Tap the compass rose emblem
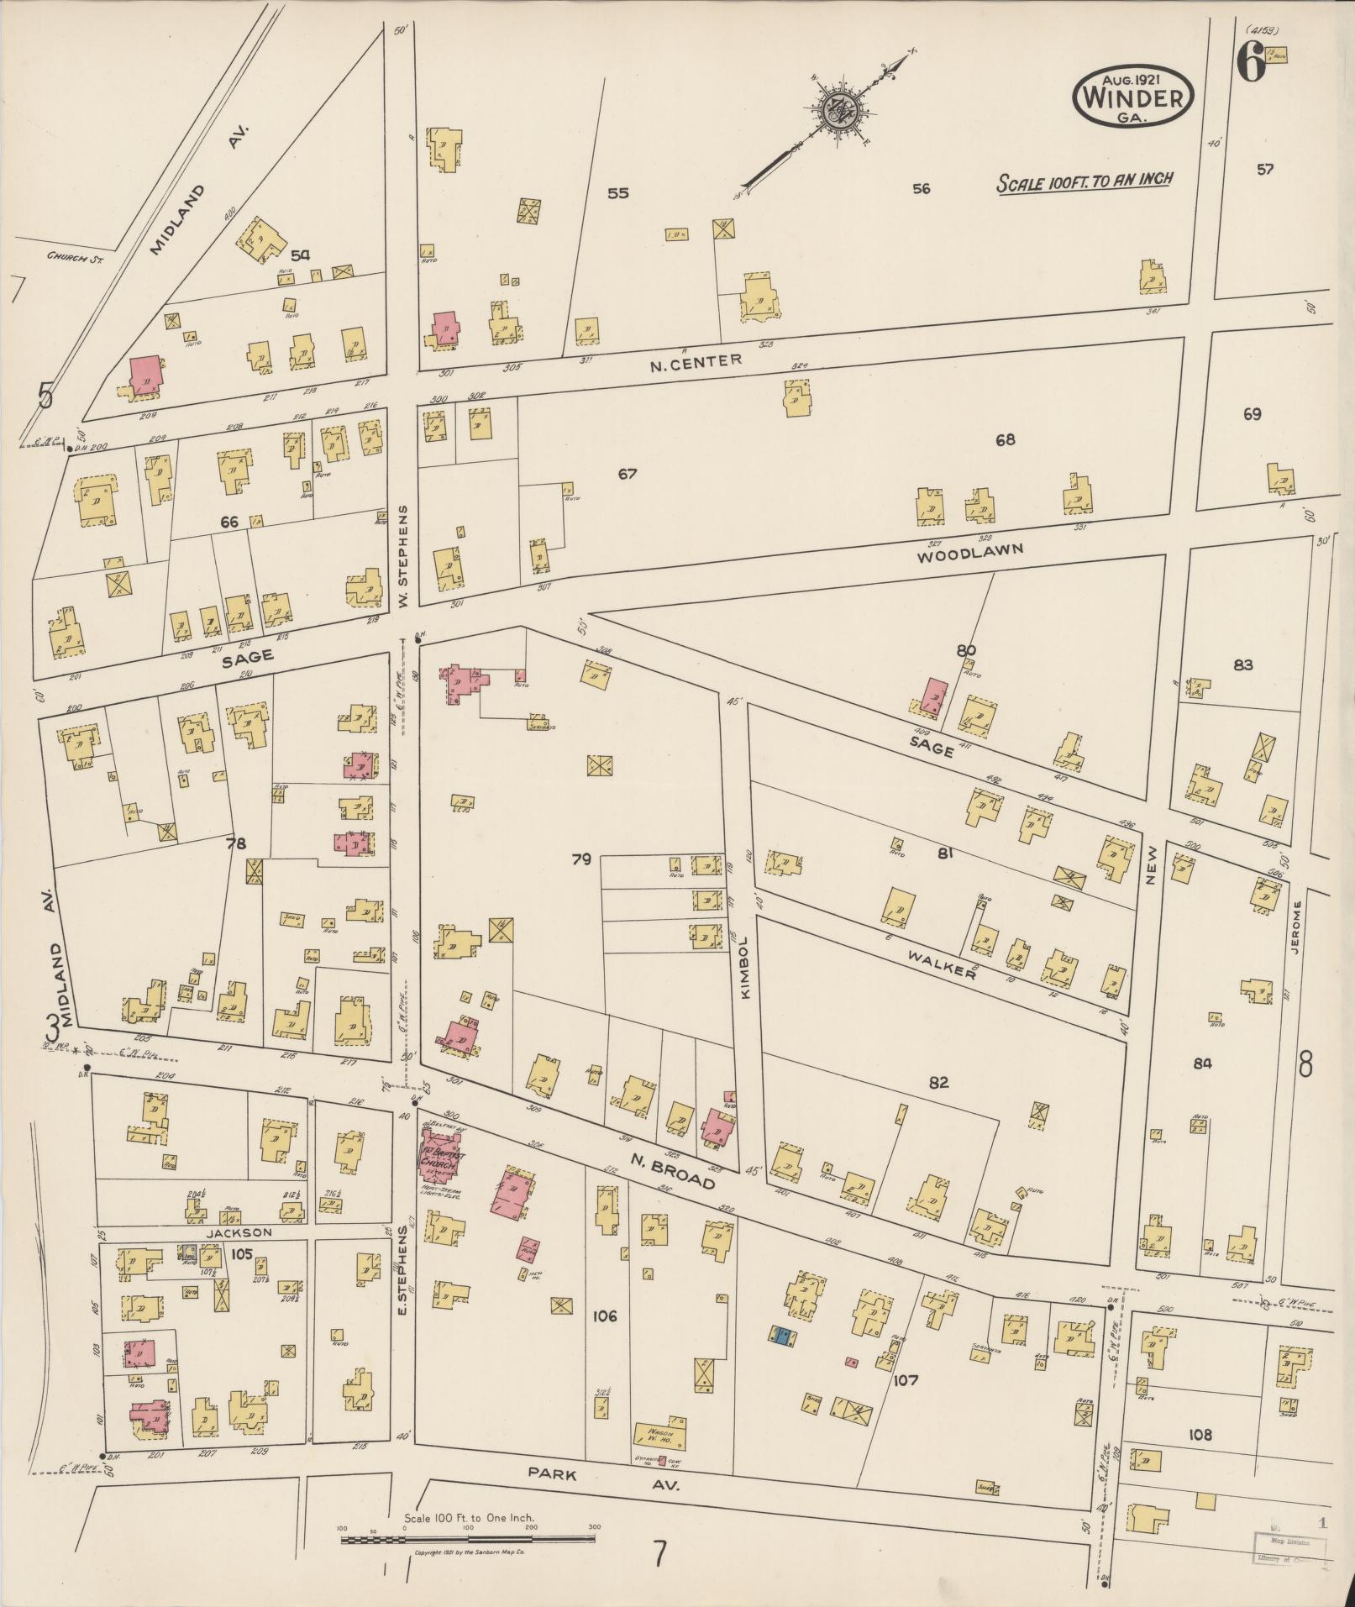[838, 107]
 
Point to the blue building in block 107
[782, 1337]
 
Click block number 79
[581, 859]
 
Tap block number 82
[938, 1083]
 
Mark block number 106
[604, 1316]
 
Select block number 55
[617, 193]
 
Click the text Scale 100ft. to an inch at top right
[1084, 181]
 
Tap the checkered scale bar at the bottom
[468, 1540]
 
